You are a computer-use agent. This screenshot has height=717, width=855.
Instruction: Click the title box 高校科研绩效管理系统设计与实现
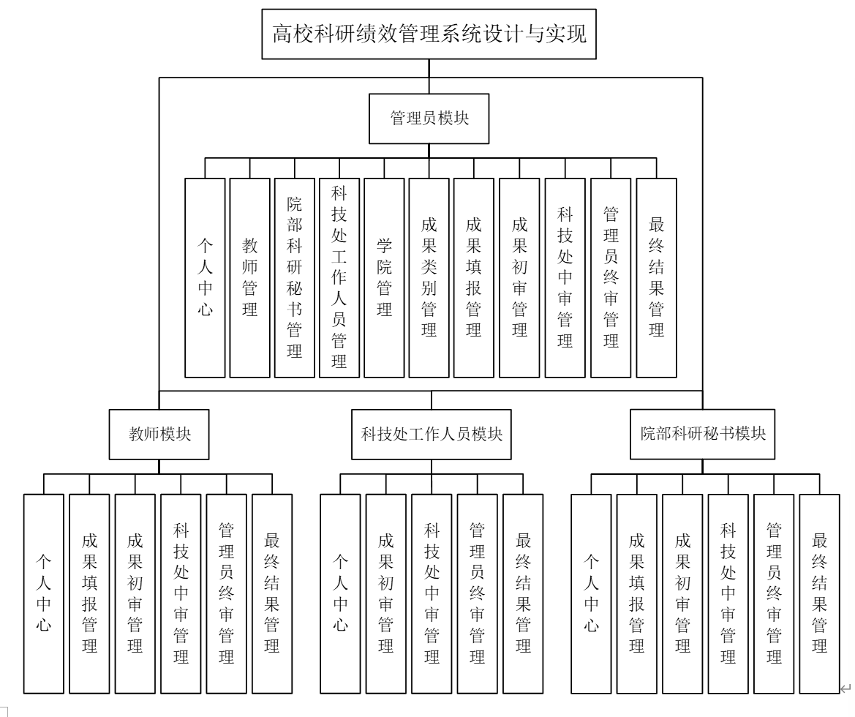coord(429,34)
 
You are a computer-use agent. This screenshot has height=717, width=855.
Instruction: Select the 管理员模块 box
coord(429,119)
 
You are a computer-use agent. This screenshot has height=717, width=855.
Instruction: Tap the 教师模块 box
coord(159,433)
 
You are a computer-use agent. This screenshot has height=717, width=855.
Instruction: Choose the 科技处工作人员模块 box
coord(432,433)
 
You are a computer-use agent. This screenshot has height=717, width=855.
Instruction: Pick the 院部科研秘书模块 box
coord(702,433)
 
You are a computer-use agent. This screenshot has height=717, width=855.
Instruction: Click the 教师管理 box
coord(250,277)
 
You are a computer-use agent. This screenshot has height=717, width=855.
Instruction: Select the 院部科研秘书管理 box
coord(295,277)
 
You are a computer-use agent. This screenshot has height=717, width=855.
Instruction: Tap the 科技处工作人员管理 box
coord(339,277)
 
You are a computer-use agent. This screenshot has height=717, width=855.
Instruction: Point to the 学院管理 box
coord(384,277)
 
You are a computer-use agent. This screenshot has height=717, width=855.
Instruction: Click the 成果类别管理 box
coord(429,277)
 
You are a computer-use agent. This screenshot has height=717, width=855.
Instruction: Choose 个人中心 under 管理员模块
coord(205,277)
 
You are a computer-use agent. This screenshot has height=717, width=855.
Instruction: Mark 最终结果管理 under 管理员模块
coord(656,277)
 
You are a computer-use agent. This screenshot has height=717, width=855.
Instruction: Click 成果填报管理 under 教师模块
coord(89,593)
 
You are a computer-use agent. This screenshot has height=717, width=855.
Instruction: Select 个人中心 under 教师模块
coord(44,593)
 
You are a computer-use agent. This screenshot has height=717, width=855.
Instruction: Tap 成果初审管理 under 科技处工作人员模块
coord(385,593)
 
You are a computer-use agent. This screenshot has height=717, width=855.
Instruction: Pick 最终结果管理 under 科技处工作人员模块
coord(522,593)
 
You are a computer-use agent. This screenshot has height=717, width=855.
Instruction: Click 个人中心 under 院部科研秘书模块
coord(591,593)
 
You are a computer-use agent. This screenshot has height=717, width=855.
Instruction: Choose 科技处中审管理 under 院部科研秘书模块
coord(728,593)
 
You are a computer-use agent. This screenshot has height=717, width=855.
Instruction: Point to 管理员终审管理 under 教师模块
coord(226,593)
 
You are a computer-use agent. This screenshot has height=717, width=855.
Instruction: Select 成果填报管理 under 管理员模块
coord(473,277)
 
